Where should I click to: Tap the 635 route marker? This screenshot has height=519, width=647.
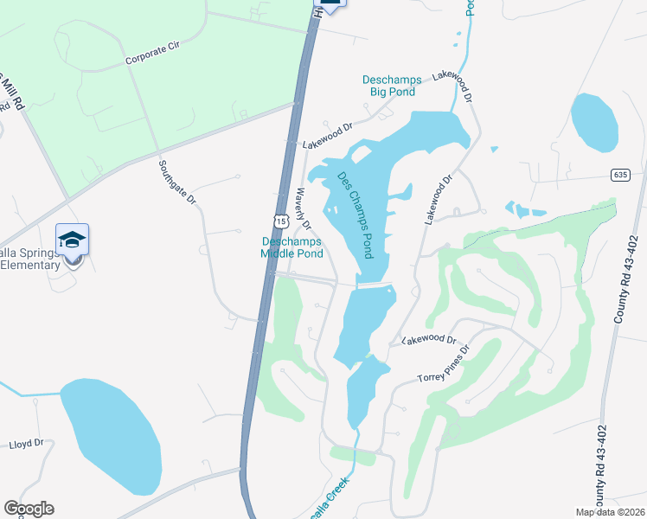click(x=618, y=175)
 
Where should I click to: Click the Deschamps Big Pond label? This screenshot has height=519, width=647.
click(x=388, y=86)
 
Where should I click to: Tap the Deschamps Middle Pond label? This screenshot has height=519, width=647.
click(x=292, y=247)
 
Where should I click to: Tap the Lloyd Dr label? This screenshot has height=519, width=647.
click(x=26, y=444)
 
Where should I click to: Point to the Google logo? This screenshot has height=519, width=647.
click(x=29, y=509)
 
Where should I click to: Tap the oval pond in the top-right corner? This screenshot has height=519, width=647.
click(x=595, y=122)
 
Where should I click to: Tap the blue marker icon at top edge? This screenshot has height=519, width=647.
click(x=332, y=3)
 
